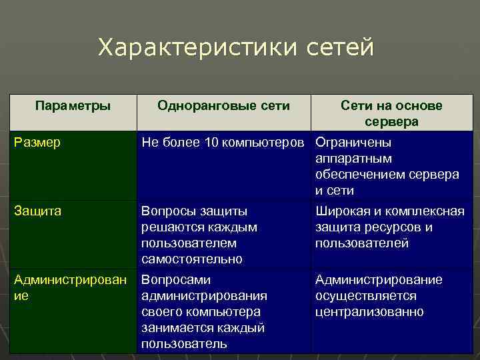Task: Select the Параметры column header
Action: [73, 106]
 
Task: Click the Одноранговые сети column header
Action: [223, 106]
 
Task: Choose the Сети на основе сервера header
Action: [391, 114]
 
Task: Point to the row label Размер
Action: [37, 143]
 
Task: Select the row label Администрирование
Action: [70, 287]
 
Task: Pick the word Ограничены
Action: [353, 143]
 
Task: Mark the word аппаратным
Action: [353, 159]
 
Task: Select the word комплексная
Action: [427, 211]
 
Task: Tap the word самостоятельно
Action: [192, 259]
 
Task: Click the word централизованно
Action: [369, 312]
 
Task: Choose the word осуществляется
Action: [366, 296]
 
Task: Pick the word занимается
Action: [176, 328]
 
